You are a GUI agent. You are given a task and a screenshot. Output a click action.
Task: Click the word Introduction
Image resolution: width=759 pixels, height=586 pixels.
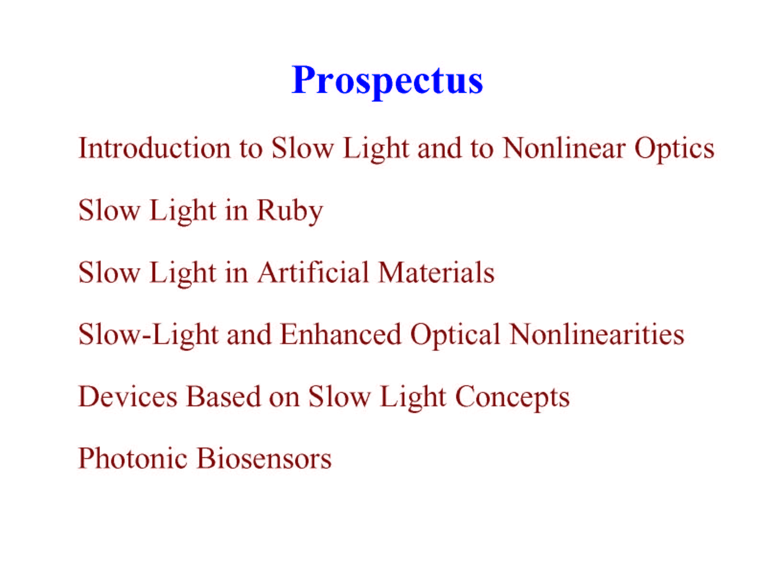point(154,148)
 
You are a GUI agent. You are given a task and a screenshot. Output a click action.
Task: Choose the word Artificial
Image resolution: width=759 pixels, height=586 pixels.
point(313,272)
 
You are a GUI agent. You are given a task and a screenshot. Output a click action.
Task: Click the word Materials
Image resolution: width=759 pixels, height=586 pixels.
point(436,272)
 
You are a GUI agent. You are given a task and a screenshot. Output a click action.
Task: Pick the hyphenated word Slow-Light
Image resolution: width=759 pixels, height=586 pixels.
point(149,336)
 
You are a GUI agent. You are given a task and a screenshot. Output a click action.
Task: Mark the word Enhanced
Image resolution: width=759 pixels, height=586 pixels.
point(340,334)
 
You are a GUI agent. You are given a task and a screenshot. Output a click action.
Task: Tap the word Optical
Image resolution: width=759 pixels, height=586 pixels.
point(455,336)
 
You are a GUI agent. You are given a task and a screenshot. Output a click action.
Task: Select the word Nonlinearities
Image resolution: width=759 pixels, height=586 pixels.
point(597,334)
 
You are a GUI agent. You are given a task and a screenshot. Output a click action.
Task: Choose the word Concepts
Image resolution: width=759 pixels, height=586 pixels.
point(513,398)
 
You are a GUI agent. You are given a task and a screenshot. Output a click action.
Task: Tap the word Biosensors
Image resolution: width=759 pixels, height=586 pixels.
point(264,458)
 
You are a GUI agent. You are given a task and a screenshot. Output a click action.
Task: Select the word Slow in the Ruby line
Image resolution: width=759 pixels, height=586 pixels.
point(109,210)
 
